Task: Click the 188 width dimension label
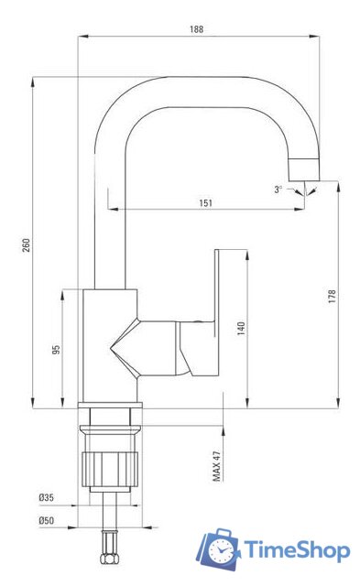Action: (x=197, y=28)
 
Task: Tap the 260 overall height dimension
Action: (x=27, y=244)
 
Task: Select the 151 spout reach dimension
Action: (x=205, y=202)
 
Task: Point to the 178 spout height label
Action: (x=332, y=296)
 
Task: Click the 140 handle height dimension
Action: (x=242, y=328)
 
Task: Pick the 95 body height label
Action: (x=56, y=350)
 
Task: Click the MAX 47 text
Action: (x=217, y=466)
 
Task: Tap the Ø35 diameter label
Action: (x=47, y=497)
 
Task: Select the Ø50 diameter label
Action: (x=47, y=520)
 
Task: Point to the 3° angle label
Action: (x=278, y=190)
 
